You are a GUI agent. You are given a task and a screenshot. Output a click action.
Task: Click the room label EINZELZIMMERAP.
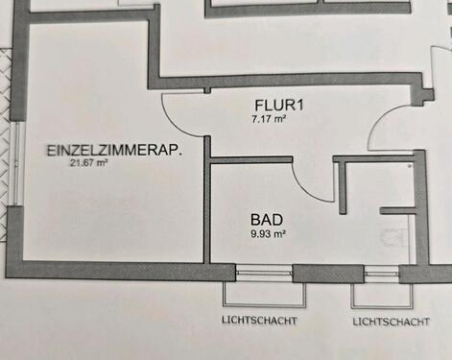click(x=114, y=151)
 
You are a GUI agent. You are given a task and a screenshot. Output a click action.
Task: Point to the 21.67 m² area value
click(x=88, y=163)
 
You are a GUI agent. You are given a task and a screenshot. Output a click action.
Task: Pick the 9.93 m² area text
click(x=268, y=232)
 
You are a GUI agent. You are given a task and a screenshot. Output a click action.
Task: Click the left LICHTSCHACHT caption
click(x=259, y=320)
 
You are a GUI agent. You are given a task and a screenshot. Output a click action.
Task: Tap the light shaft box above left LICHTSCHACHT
click(x=259, y=292)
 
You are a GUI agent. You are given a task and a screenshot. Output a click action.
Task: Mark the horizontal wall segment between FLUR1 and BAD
click(x=251, y=160)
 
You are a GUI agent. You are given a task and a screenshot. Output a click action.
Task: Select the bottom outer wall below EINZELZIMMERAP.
click(x=106, y=266)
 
